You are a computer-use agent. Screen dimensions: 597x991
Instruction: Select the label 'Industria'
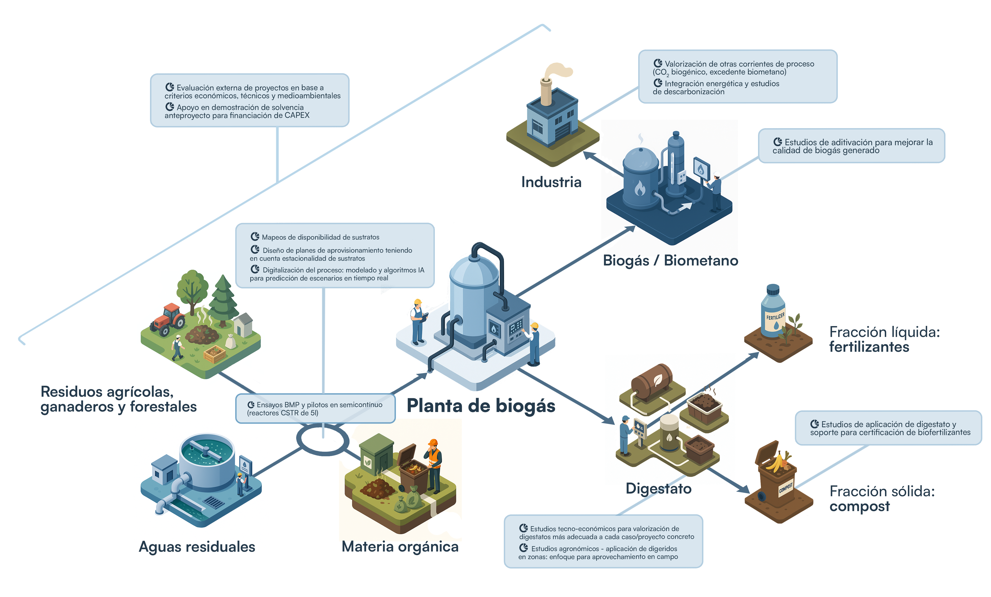(551, 182)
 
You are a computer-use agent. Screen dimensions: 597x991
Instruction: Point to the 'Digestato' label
(658, 488)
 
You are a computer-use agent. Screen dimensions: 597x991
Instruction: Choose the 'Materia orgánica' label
(400, 547)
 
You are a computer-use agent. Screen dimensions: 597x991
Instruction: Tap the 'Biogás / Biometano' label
(670, 260)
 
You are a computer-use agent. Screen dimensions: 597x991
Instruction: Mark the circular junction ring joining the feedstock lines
(323, 440)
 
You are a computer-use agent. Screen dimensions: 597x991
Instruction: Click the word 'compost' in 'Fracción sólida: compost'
(859, 506)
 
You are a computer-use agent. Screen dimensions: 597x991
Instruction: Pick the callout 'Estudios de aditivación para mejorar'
(851, 146)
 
